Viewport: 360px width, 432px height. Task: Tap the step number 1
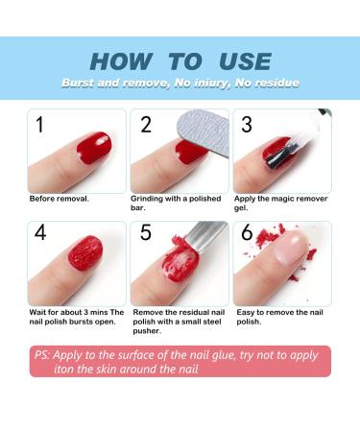coord(40,124)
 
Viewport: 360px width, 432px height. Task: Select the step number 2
coord(146,124)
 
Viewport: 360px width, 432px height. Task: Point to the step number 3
coord(247,124)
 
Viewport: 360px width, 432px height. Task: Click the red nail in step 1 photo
coord(94,148)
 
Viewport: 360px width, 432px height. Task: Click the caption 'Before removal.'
coord(60,199)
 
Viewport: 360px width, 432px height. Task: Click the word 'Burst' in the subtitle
coord(78,84)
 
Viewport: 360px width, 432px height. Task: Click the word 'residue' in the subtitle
coord(275,84)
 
